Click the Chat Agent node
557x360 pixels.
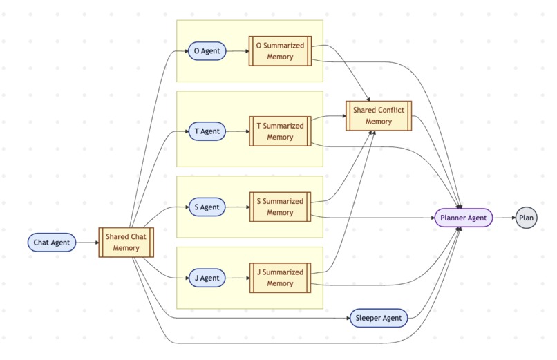point(51,243)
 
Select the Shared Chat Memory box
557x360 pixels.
point(126,243)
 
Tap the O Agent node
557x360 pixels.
point(207,51)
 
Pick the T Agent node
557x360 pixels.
point(207,131)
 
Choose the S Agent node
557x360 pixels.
point(207,207)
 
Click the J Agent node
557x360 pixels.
point(207,278)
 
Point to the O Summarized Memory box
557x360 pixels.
point(280,51)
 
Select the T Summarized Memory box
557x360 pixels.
point(280,131)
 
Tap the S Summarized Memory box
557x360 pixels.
point(280,207)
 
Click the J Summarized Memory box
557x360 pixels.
point(280,278)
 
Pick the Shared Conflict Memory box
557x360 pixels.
point(378,115)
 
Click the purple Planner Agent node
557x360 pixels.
point(463,218)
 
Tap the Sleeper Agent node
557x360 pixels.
point(378,319)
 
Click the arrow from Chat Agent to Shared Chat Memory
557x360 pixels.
point(87,243)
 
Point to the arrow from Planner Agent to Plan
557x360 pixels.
point(504,218)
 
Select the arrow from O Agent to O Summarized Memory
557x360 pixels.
point(237,51)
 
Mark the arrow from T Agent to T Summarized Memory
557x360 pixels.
point(237,131)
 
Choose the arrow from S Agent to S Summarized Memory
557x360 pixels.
point(237,207)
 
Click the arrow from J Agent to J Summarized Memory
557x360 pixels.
point(237,278)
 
